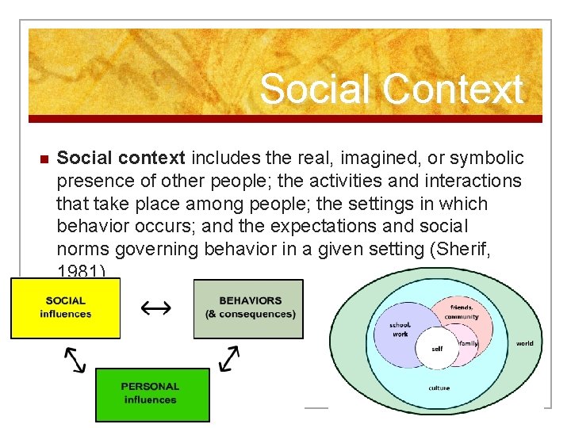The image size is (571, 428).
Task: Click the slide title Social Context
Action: click(x=391, y=89)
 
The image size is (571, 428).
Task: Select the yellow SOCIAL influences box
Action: click(x=66, y=308)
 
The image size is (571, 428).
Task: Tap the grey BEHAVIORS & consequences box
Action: click(x=249, y=308)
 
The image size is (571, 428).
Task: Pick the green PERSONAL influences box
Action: click(x=151, y=394)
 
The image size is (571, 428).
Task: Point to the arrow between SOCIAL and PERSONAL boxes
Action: click(x=75, y=359)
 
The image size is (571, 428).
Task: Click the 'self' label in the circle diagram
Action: click(x=437, y=349)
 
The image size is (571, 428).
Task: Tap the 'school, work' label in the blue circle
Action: click(x=400, y=329)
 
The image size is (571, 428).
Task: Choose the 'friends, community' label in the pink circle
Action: click(x=462, y=312)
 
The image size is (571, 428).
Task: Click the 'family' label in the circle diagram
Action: click(x=468, y=343)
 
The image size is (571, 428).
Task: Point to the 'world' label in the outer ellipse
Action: click(x=524, y=343)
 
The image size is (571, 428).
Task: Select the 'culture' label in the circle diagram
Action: click(x=439, y=388)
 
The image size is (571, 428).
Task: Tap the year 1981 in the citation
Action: click(x=79, y=271)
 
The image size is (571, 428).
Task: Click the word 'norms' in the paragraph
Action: click(x=83, y=249)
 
